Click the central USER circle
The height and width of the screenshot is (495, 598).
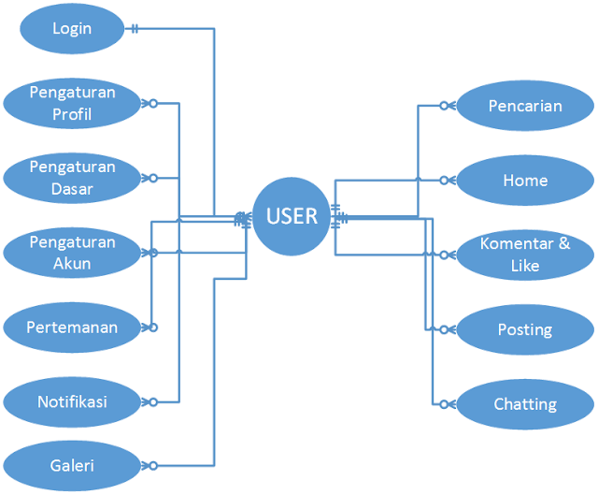(x=292, y=217)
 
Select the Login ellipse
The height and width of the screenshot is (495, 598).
(x=72, y=29)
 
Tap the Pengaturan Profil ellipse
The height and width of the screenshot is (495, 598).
(x=72, y=103)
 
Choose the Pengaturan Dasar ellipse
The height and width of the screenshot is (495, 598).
(x=72, y=178)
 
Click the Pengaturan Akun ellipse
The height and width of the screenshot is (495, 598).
(x=72, y=253)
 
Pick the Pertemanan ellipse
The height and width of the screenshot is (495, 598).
(x=72, y=328)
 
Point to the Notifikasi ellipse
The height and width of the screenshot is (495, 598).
(x=72, y=401)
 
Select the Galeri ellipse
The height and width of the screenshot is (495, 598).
(x=72, y=464)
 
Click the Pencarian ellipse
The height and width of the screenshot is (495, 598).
(x=525, y=106)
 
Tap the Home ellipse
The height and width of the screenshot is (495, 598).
(x=525, y=180)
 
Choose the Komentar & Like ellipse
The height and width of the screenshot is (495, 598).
(x=525, y=255)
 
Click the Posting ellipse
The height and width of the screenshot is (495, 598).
(x=525, y=329)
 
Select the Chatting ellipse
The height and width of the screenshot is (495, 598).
(x=525, y=404)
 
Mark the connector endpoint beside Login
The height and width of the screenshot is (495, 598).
(x=135, y=29)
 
